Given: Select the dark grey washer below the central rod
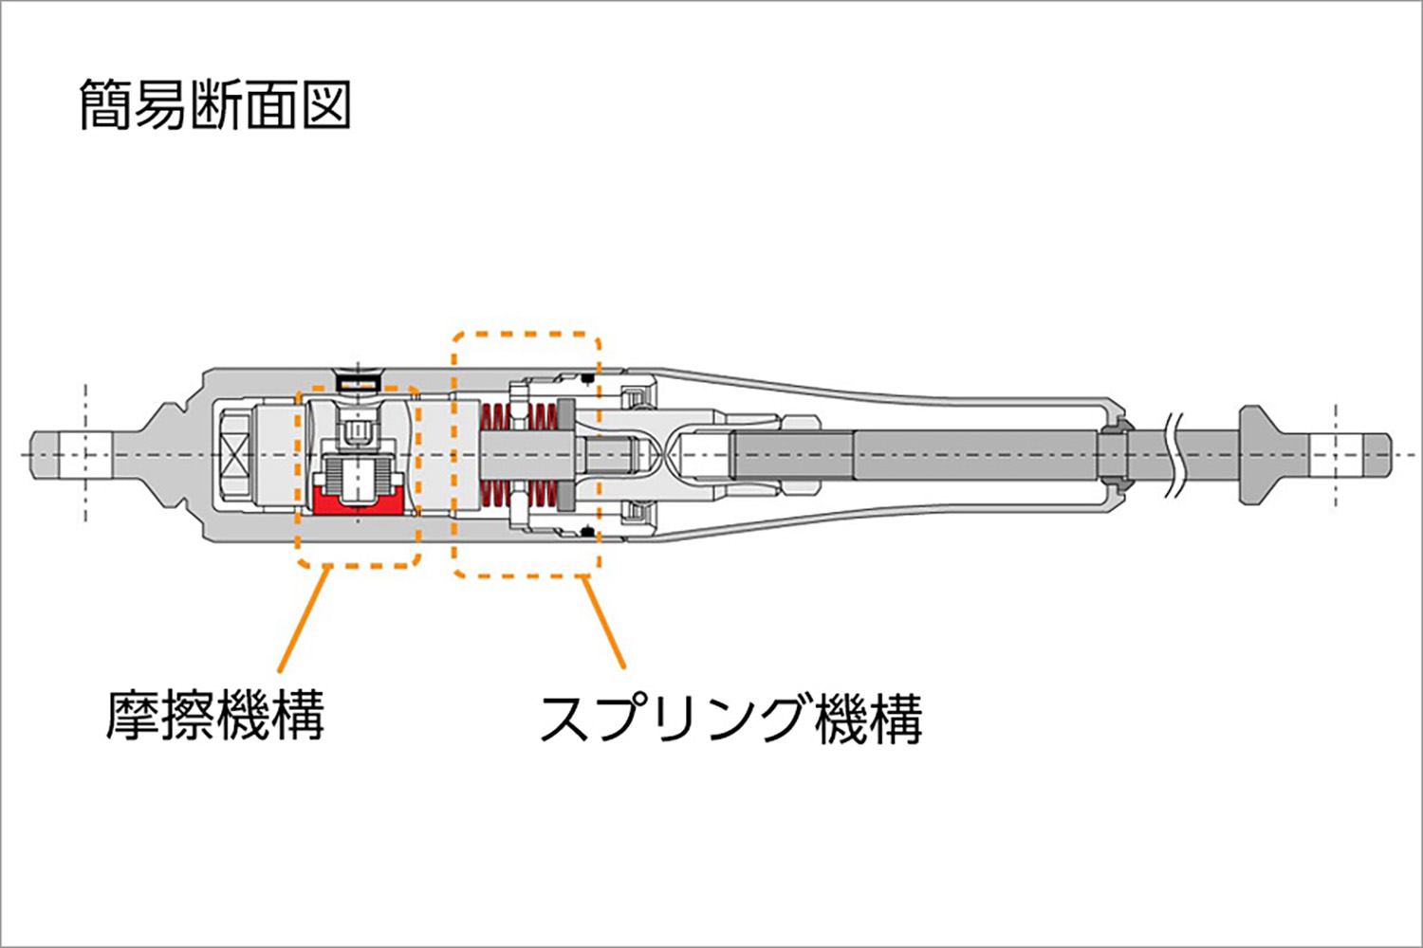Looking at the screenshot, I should tap(566, 492).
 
